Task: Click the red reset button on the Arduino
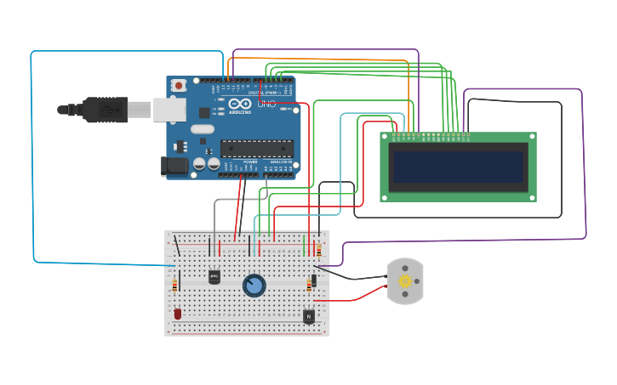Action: [178, 85]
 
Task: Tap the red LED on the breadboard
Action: [177, 314]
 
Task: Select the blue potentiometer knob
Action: [254, 285]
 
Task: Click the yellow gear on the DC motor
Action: [405, 281]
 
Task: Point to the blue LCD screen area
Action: [458, 167]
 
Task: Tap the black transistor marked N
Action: [308, 316]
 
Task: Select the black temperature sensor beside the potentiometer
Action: [214, 276]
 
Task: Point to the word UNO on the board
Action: [267, 104]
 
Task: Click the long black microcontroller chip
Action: [256, 149]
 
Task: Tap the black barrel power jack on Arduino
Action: [176, 167]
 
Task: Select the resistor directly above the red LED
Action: [174, 286]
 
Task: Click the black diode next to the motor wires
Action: [314, 280]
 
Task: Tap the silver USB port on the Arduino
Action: [169, 109]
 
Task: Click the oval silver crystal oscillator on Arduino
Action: [203, 129]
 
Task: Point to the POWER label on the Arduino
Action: [250, 161]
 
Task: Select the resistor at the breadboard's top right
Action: [318, 249]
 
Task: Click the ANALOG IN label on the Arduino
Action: [280, 161]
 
